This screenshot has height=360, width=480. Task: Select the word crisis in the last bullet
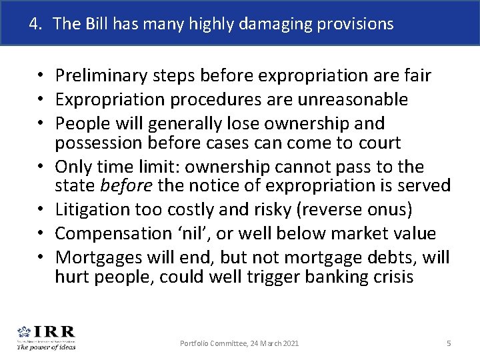tap(393, 276)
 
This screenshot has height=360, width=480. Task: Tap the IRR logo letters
tap(55, 331)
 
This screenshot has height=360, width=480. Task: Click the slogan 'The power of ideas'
tap(46, 346)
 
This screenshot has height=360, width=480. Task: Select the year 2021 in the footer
tap(289, 343)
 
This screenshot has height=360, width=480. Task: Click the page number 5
tap(449, 343)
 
